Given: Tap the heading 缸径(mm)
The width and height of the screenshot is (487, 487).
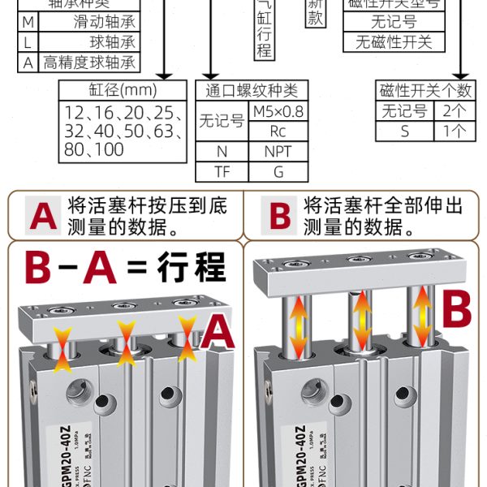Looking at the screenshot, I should [x=117, y=90].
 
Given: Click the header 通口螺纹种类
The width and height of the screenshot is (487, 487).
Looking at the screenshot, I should [x=252, y=90].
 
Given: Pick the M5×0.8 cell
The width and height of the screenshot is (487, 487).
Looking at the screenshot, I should [x=278, y=111].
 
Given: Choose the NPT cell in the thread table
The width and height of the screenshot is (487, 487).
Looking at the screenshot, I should [x=278, y=151].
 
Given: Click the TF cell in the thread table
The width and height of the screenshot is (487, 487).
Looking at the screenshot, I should [x=222, y=171].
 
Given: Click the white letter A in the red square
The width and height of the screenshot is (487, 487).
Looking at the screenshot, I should [x=42, y=216].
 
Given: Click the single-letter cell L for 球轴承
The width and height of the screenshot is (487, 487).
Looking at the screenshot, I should [x=28, y=42].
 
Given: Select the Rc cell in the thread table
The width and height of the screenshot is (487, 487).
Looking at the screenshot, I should [x=278, y=131].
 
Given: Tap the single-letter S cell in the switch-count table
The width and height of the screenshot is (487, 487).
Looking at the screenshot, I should [x=404, y=131].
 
